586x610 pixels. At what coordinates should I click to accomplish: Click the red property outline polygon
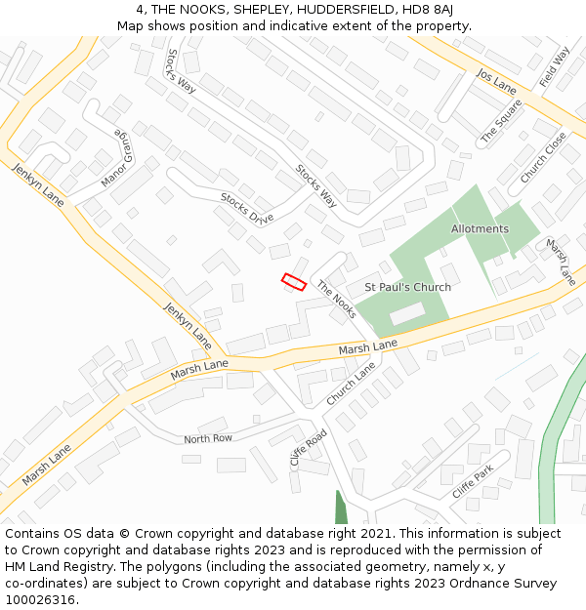click(294, 282)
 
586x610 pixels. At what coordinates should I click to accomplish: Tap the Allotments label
click(480, 229)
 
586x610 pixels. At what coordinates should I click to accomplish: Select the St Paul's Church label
click(407, 287)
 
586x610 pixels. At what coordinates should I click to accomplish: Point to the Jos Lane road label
click(496, 82)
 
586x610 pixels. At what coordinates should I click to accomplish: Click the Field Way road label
click(554, 67)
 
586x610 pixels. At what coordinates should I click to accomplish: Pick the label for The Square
click(501, 124)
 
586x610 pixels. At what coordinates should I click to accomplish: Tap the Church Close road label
click(543, 158)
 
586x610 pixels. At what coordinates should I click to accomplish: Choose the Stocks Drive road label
click(246, 208)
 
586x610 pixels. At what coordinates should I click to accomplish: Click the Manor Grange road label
click(115, 158)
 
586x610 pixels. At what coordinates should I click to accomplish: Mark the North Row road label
click(208, 439)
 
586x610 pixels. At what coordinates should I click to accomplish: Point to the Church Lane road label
click(351, 385)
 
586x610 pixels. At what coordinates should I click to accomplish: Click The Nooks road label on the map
click(336, 300)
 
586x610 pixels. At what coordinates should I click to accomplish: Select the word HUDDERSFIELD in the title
click(334, 10)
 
